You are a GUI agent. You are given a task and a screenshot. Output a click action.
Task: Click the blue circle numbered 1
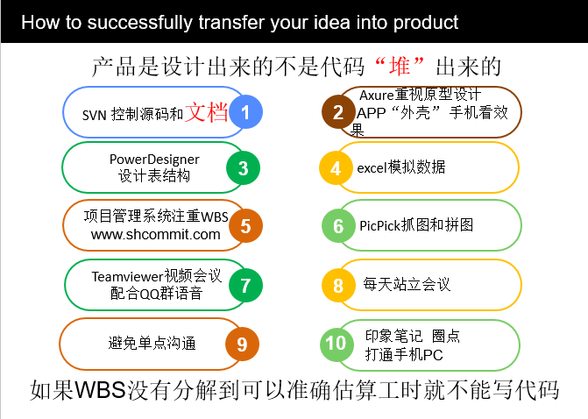pos(245,111)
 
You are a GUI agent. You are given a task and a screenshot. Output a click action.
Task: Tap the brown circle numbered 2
pos(337,112)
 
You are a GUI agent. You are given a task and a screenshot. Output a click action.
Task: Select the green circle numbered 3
pos(244,167)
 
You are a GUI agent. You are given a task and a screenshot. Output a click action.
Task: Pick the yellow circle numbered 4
pos(336,167)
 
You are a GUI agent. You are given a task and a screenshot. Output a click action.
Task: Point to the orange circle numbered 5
pos(245,225)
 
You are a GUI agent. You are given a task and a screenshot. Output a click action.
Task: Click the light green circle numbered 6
pos(338,225)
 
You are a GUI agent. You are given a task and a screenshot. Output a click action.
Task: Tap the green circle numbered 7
pos(245,284)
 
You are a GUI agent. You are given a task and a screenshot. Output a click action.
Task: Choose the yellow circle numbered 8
pos(337,285)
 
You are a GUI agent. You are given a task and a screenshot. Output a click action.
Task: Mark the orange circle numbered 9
pos(243,344)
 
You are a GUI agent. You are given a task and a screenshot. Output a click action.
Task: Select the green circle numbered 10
pos(336,344)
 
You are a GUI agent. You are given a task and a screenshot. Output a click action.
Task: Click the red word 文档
pos(206,112)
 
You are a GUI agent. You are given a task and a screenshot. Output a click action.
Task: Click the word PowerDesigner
pos(154,159)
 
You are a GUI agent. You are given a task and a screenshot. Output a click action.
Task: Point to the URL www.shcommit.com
pos(156,234)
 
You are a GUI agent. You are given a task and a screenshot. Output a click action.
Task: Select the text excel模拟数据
pos(400,167)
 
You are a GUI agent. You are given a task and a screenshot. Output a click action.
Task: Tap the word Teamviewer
pos(126,276)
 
